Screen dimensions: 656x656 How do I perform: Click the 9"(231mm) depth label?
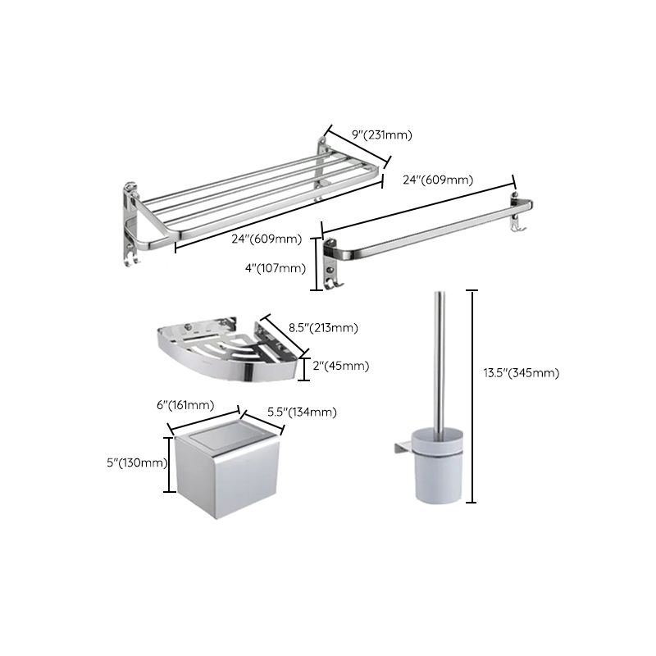point(381,134)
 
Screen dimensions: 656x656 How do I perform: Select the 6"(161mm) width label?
point(187,405)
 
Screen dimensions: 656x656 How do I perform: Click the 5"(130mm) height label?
point(137,462)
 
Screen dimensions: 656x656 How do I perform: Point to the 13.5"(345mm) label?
point(522,373)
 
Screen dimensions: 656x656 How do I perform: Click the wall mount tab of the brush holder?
point(401,446)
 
